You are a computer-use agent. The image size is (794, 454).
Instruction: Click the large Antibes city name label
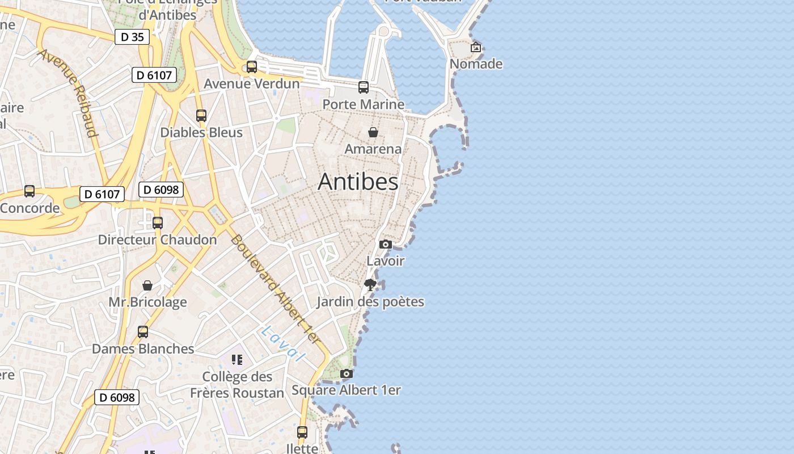[358, 182]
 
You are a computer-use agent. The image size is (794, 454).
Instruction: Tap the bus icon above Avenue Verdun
[252, 67]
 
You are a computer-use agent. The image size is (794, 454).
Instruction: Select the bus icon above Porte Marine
[364, 87]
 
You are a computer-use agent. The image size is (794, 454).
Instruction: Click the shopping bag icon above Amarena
[373, 132]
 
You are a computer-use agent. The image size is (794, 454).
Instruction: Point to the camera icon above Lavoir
[386, 244]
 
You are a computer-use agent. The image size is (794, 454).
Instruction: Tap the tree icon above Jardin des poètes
[370, 284]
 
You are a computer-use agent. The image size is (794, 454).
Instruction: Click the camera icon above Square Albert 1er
[347, 373]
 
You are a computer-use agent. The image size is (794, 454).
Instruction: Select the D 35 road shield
[132, 37]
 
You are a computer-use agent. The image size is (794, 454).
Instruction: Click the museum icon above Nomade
[476, 47]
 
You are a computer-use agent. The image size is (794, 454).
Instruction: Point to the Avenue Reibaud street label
[69, 93]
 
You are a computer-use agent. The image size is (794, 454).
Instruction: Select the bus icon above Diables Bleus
[201, 116]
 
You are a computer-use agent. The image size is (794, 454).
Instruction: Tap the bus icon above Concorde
[29, 191]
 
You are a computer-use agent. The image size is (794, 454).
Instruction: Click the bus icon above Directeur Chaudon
[158, 223]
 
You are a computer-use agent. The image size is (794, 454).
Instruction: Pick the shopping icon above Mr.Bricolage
[147, 285]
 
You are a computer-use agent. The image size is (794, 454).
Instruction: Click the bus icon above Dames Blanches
[143, 332]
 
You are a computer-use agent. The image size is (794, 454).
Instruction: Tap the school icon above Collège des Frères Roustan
[237, 360]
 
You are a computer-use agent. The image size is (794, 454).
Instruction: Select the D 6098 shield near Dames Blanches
[117, 397]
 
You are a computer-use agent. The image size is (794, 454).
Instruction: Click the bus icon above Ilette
[302, 432]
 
